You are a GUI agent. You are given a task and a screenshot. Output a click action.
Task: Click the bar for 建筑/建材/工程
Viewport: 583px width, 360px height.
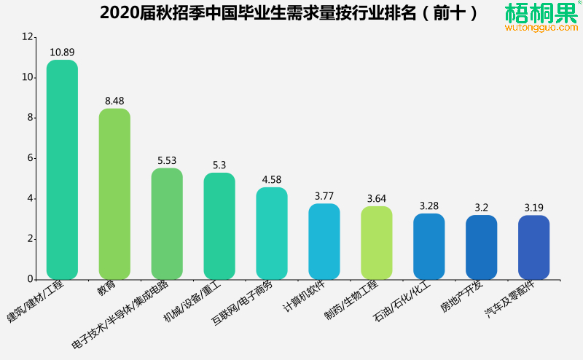62,170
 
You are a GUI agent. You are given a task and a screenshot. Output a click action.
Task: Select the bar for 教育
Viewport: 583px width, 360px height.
114,194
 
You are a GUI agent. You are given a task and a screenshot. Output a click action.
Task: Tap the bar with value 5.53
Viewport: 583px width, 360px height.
167,224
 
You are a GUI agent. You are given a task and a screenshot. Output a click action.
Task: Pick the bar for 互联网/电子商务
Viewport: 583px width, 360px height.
272,233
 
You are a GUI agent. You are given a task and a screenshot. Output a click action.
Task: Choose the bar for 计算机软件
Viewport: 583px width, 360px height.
324,241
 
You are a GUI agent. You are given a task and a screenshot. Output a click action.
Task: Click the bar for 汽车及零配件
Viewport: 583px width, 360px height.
533,247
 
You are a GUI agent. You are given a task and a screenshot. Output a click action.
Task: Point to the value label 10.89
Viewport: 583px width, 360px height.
62,52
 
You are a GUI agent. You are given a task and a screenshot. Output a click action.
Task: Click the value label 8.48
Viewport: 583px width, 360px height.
114,101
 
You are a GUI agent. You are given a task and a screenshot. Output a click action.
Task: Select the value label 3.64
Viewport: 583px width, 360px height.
377,199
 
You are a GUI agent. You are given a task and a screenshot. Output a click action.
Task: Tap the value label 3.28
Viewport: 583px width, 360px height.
429,206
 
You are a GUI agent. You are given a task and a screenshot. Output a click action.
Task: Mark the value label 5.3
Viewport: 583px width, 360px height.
219,165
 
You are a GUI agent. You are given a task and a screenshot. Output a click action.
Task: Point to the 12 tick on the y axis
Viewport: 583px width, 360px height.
28,37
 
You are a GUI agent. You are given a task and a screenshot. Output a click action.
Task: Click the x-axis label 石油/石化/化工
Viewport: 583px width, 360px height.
404,302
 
